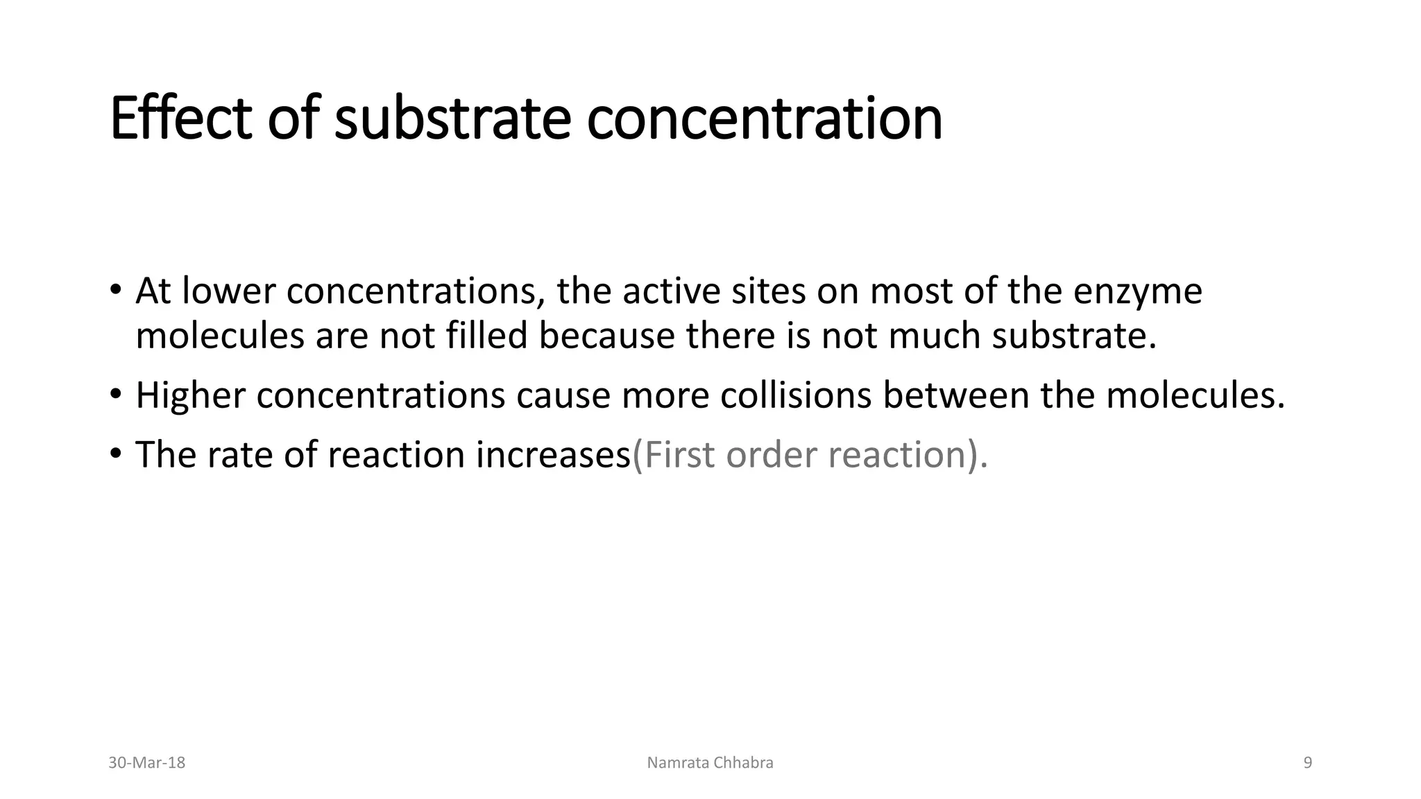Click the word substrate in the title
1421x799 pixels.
[452, 119]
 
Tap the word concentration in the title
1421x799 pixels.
[764, 119]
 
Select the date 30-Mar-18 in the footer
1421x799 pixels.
[147, 763]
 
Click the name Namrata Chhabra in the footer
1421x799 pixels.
[710, 763]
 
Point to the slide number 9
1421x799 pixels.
[1308, 763]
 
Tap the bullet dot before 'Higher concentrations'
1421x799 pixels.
[116, 394]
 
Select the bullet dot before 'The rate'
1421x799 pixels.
[116, 454]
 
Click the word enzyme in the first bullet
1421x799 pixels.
[1138, 291]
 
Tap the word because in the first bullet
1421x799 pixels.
[606, 336]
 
